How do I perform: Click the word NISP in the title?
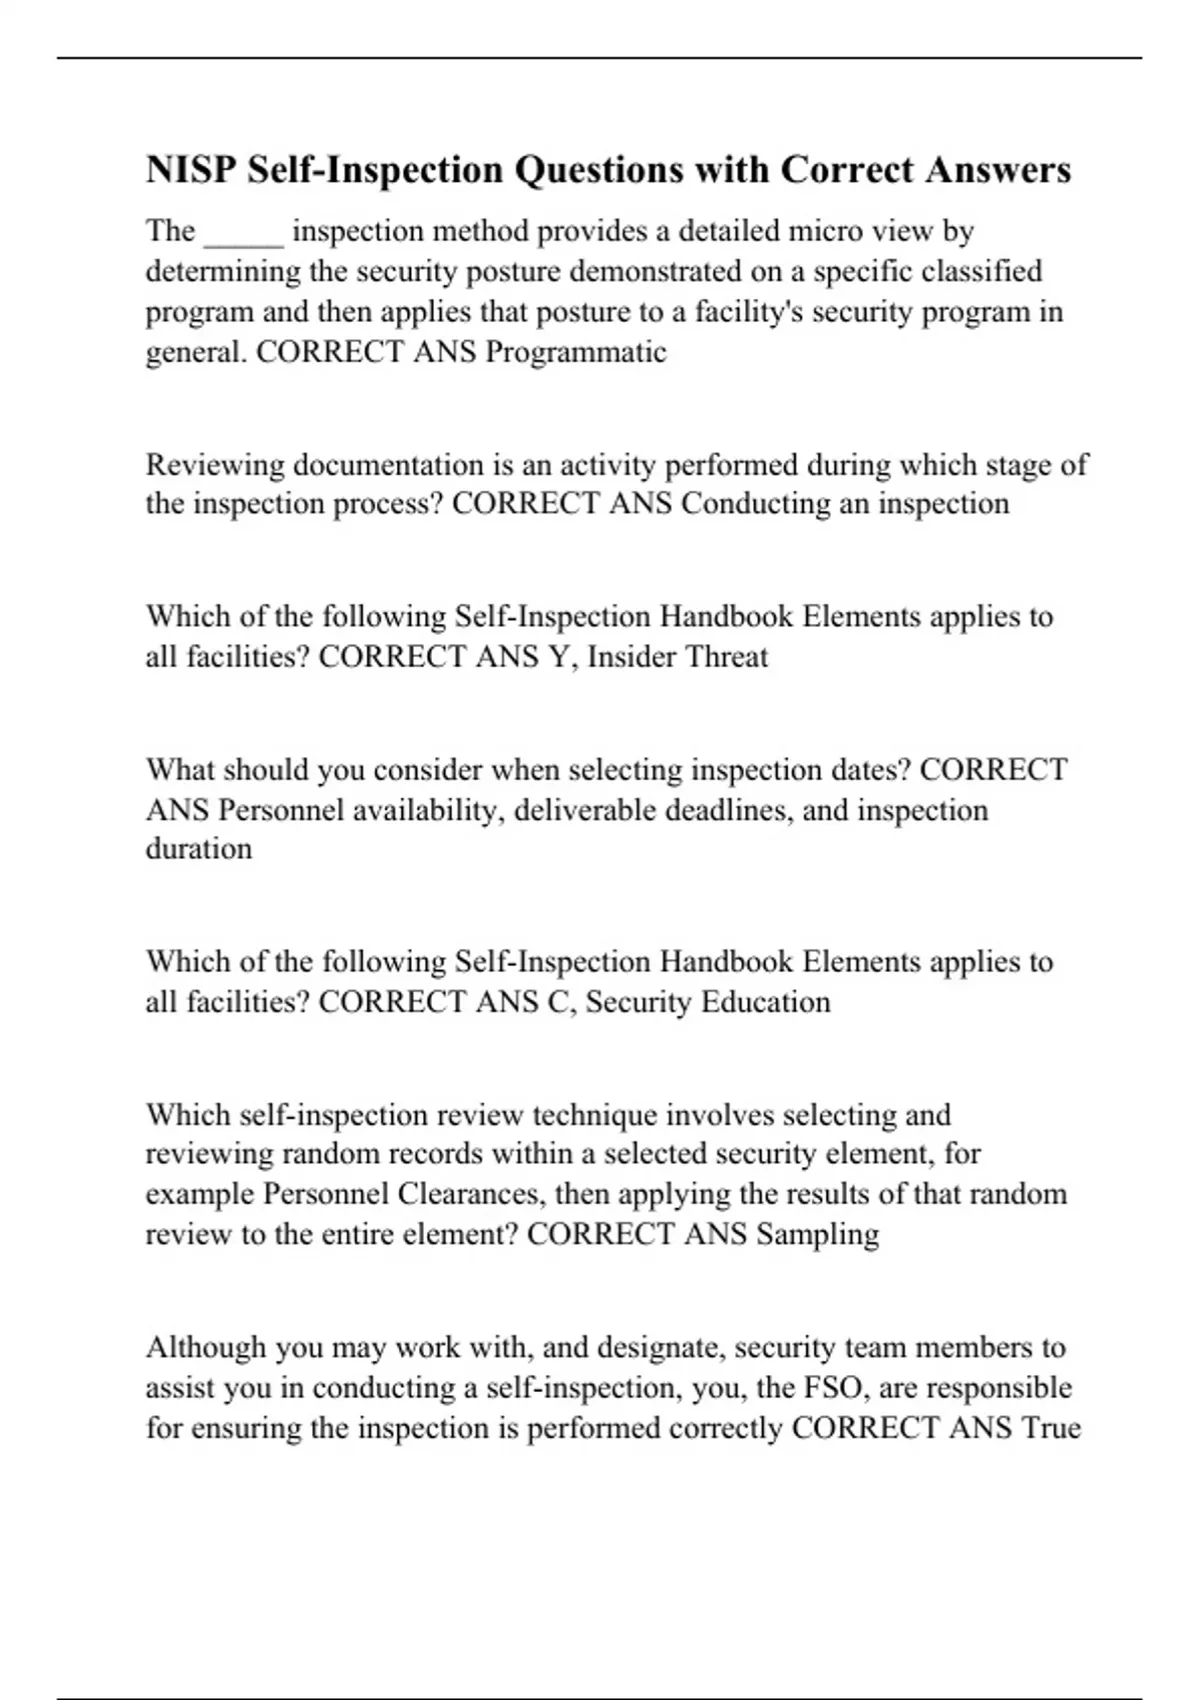190,170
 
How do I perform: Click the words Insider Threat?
677,657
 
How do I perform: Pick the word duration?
199,849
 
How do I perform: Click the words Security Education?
708,1002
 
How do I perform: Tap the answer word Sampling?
818,1234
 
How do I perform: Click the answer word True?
1051,1427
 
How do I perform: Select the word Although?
206,1348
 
